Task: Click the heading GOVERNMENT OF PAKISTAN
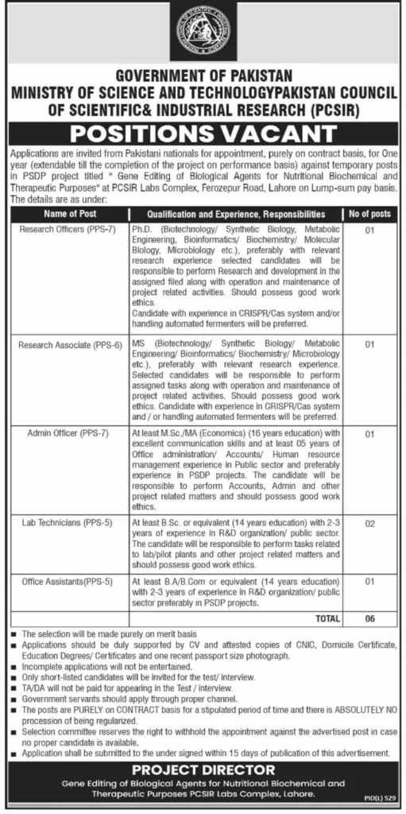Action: (x=203, y=78)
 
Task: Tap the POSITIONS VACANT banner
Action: (x=203, y=131)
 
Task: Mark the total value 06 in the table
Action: (x=368, y=617)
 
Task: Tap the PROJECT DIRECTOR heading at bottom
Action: (x=203, y=770)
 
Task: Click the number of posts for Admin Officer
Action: (x=368, y=435)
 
